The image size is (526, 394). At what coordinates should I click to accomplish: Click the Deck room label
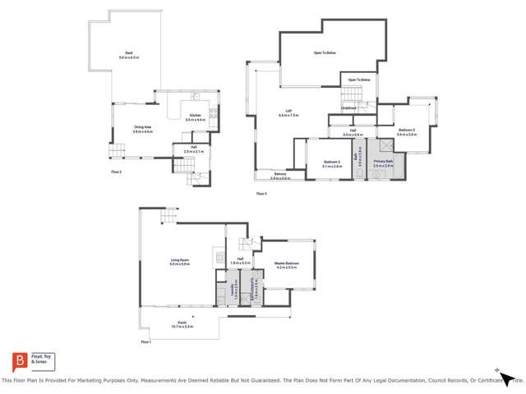coord(124,54)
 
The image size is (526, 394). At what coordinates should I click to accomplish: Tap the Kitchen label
coord(195,117)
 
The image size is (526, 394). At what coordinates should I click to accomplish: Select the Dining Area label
coord(143,129)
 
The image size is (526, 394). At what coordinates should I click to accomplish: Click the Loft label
coord(285,114)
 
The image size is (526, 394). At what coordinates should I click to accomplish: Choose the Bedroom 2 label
coord(331,163)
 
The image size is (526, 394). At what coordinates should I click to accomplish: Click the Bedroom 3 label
coord(407,131)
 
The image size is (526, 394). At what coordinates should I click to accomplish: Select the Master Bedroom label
coord(287,265)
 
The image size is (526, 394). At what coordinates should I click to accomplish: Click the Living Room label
coord(179,262)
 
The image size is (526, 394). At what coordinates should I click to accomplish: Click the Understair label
coord(349,108)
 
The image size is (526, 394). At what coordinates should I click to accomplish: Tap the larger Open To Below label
coord(325,53)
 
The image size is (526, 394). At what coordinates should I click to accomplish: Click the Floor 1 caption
coord(145,341)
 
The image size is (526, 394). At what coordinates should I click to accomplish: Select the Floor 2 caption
coord(116,172)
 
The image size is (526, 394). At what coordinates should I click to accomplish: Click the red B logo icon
coord(18,361)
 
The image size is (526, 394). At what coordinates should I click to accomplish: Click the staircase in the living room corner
coord(167,217)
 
